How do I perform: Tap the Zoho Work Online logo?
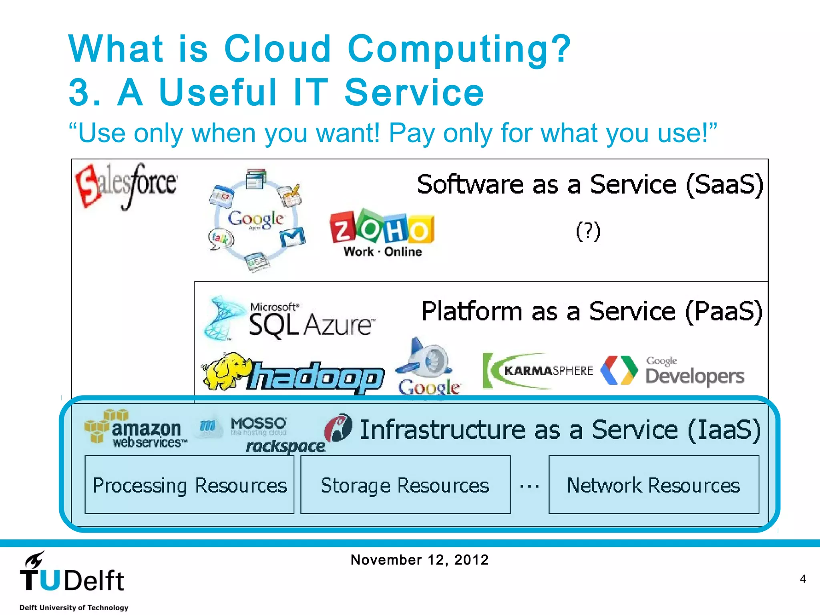coord(382,232)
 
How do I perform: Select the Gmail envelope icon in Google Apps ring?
coord(292,237)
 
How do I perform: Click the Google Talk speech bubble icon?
coord(220,239)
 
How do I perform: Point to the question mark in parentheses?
coord(588,231)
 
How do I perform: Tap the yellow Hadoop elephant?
coord(226,370)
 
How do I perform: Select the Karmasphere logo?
coord(539,370)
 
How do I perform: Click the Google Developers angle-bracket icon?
coord(619,370)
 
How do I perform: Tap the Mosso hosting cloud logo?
coord(258,426)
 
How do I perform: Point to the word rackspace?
coord(285,446)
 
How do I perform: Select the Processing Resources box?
coord(189,484)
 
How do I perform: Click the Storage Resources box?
coord(405,484)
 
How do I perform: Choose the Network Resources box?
coord(653,484)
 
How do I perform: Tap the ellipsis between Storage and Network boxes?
coord(529,486)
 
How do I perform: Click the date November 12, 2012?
coord(419,559)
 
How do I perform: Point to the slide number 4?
coord(802,579)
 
